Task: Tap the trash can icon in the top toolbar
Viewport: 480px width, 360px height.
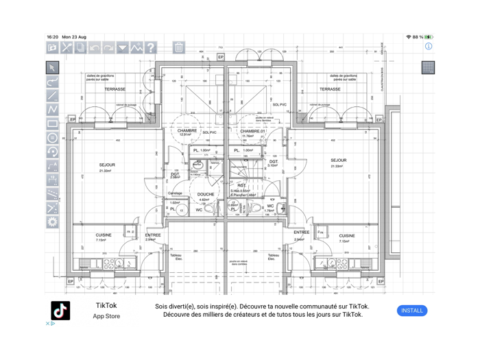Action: tap(178, 47)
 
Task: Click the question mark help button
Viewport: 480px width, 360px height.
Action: tap(150, 47)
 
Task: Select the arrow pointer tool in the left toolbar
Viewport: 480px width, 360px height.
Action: tap(52, 67)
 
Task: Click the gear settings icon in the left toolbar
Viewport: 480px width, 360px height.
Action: tap(52, 221)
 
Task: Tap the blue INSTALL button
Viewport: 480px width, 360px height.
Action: tap(411, 311)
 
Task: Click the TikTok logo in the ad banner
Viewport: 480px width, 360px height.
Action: tap(61, 311)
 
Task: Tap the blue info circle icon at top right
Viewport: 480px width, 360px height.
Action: tap(429, 46)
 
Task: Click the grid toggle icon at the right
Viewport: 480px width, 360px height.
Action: tap(428, 67)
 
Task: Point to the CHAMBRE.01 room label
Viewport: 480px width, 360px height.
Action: tap(252, 131)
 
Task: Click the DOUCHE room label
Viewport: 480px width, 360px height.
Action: tap(206, 194)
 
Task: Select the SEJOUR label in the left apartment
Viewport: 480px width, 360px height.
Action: tap(107, 165)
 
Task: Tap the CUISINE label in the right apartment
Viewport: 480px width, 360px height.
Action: tap(347, 235)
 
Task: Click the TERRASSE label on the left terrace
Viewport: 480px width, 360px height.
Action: tap(115, 89)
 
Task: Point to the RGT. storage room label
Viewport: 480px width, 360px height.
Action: tap(242, 186)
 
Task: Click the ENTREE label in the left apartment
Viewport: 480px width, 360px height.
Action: tap(153, 235)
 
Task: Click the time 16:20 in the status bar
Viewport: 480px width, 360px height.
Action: tap(52, 37)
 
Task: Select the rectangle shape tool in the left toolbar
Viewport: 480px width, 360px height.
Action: tap(52, 123)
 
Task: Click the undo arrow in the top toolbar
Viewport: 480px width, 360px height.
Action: tap(95, 47)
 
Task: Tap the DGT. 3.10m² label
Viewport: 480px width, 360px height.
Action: tap(273, 163)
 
